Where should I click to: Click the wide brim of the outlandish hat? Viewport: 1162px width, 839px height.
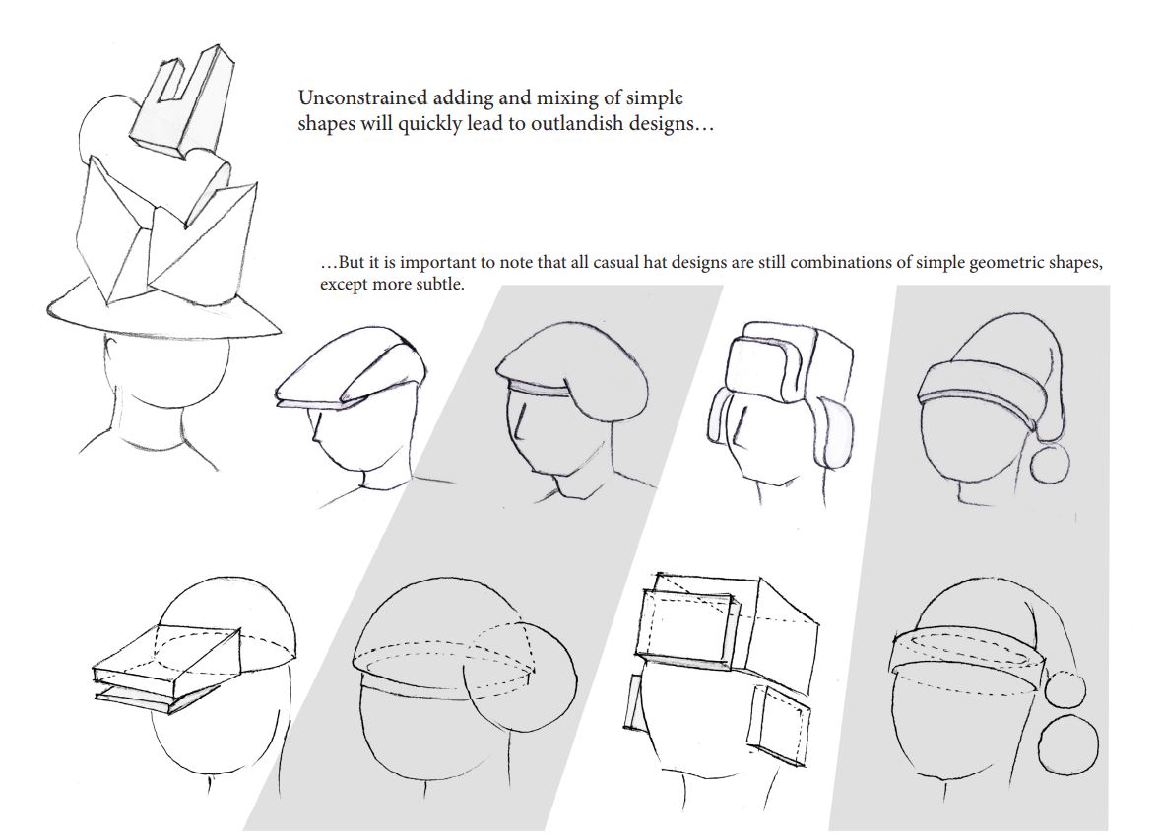[163, 310]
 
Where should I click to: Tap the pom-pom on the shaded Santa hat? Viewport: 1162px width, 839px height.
[1050, 463]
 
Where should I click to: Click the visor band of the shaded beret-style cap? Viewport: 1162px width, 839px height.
[538, 388]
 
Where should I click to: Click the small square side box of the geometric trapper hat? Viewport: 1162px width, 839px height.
[778, 727]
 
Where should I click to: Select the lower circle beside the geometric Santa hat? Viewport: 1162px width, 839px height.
[1067, 744]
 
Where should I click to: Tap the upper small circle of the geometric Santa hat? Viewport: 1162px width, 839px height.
[1065, 688]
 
